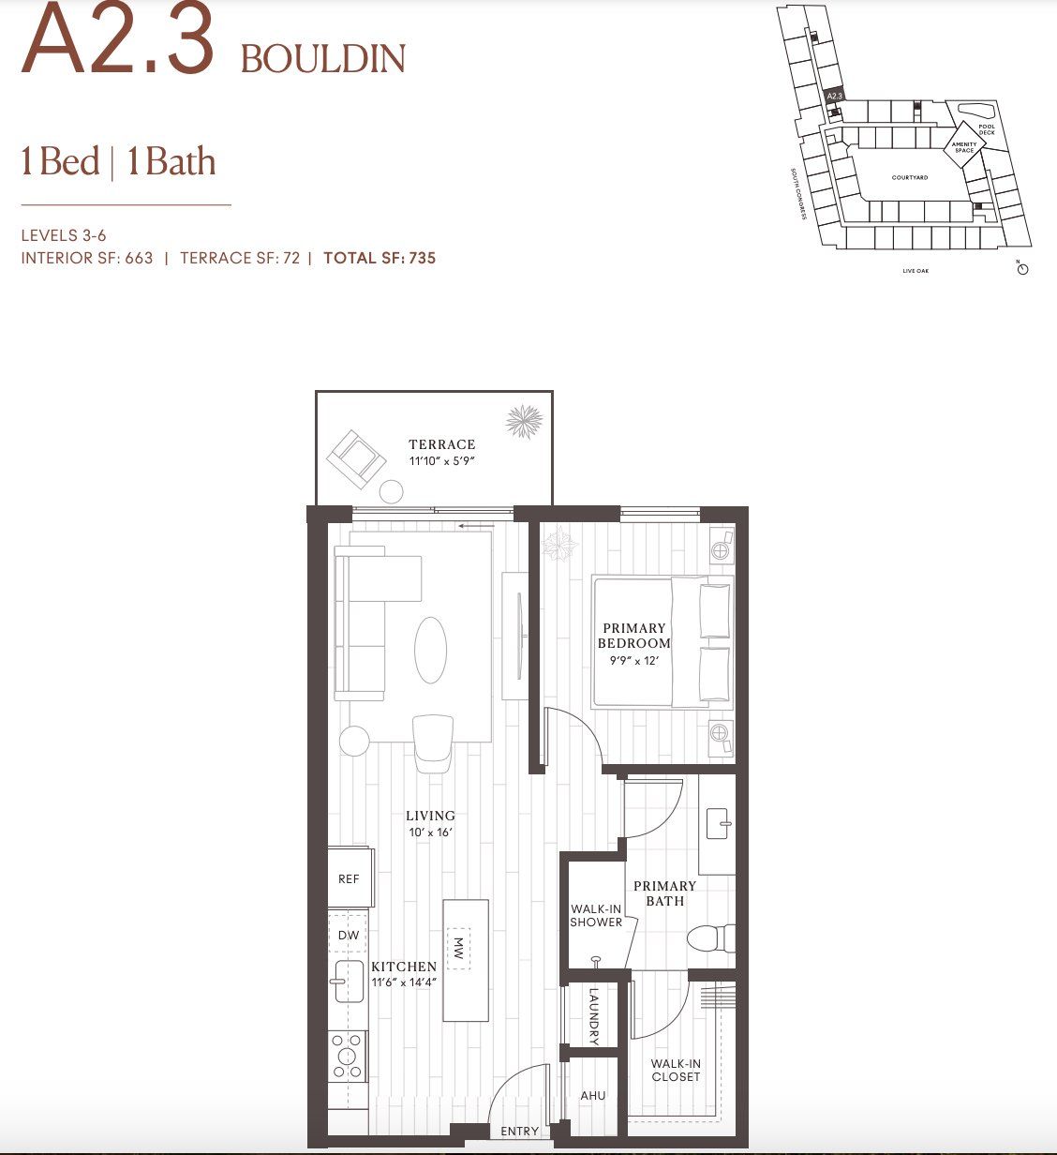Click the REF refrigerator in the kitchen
(350, 878)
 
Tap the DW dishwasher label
(349, 935)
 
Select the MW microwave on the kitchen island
(459, 952)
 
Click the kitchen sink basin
(349, 981)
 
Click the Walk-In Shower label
(596, 915)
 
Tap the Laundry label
(594, 1015)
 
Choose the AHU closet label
(593, 1095)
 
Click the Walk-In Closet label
(676, 1070)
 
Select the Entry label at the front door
(519, 1132)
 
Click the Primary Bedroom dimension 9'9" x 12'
(634, 660)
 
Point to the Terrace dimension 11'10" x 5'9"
(442, 461)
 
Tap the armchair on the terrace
(357, 458)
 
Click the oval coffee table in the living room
(431, 649)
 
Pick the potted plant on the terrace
(524, 421)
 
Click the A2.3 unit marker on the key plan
(834, 96)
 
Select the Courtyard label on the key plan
(909, 177)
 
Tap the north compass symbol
(1022, 269)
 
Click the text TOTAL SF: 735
(380, 258)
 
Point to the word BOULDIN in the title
(323, 59)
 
